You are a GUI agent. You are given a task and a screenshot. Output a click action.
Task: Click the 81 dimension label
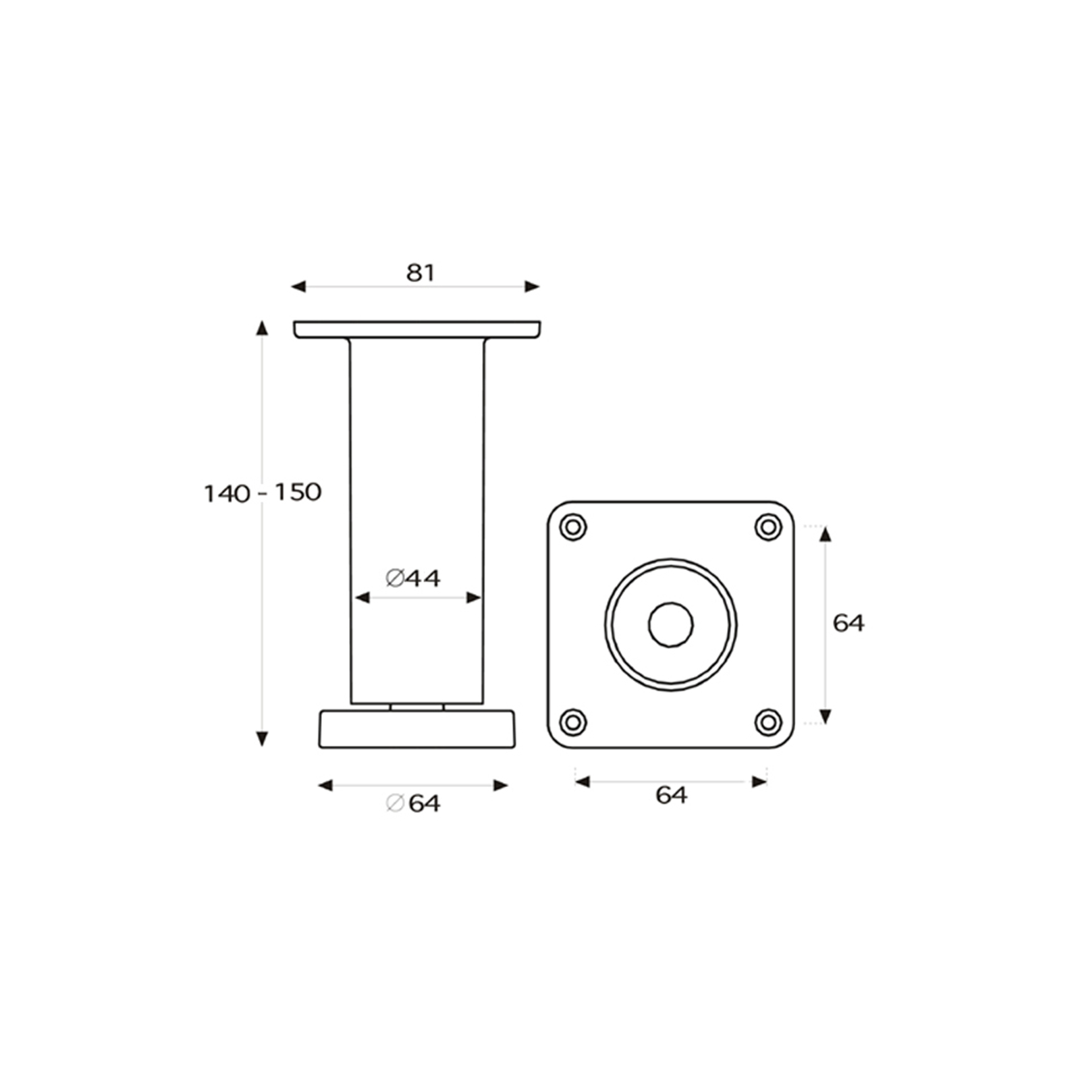click(421, 273)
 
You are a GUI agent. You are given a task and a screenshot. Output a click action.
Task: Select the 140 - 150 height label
click(263, 493)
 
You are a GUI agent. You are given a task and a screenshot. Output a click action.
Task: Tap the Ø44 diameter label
click(412, 578)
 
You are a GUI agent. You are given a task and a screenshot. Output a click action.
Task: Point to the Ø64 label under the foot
click(412, 803)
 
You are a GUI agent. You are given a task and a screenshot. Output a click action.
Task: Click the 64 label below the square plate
click(672, 795)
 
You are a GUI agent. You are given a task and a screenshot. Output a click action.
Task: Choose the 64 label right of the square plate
click(848, 623)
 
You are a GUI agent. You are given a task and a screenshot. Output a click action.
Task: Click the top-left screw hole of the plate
click(573, 526)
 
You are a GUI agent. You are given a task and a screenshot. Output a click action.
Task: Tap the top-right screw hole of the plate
click(768, 526)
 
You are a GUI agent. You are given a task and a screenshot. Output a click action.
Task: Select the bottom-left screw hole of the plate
click(573, 722)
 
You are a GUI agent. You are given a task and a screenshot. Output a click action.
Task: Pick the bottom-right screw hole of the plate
click(768, 722)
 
